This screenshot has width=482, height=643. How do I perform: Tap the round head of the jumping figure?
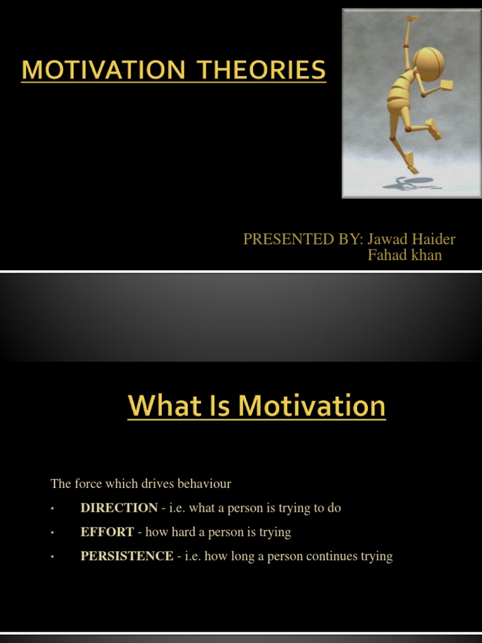click(x=429, y=63)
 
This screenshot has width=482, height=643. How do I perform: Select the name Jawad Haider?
click(x=411, y=239)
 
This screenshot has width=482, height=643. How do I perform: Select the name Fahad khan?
click(x=404, y=255)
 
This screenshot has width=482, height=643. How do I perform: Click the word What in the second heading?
click(x=161, y=406)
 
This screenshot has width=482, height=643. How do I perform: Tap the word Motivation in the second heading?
click(x=312, y=406)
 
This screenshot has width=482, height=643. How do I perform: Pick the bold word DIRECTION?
click(x=119, y=508)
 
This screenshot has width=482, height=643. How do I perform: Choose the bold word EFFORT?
click(x=107, y=532)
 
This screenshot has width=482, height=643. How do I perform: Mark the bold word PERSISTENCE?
click(x=127, y=556)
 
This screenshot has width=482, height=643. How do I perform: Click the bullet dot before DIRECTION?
click(x=53, y=509)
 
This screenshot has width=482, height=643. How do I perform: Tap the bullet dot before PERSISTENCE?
click(x=53, y=556)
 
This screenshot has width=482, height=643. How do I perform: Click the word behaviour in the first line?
click(x=205, y=484)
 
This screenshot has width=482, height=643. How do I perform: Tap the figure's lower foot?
click(x=412, y=168)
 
